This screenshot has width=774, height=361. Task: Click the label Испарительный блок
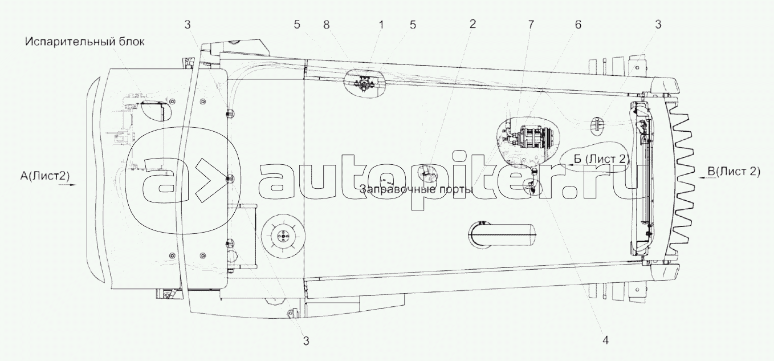(x=85, y=42)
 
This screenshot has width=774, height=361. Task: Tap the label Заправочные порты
(x=416, y=189)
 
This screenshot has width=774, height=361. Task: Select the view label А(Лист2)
(x=44, y=176)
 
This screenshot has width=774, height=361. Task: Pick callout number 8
(x=327, y=25)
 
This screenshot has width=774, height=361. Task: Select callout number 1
(x=381, y=25)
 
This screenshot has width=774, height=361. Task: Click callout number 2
(x=472, y=24)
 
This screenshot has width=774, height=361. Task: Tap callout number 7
(x=531, y=25)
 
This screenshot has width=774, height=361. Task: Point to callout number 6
(x=579, y=25)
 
